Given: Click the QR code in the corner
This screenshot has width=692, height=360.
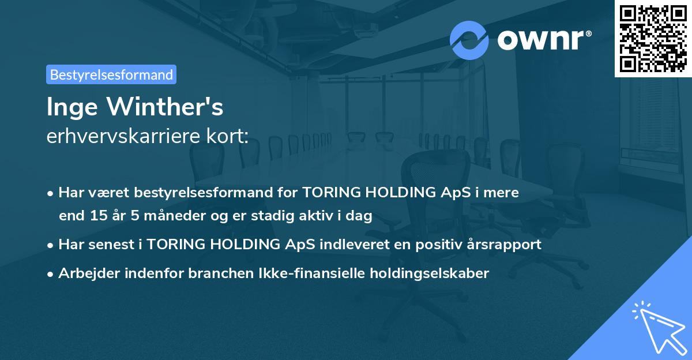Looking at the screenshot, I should (x=652, y=39).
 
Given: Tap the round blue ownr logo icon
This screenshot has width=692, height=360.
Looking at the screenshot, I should (x=469, y=40).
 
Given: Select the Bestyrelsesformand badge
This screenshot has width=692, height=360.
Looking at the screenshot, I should (x=111, y=74).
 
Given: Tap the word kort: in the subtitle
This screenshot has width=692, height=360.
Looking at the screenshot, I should (x=229, y=137).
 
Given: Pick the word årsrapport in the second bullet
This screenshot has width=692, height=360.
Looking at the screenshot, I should (x=507, y=245).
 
